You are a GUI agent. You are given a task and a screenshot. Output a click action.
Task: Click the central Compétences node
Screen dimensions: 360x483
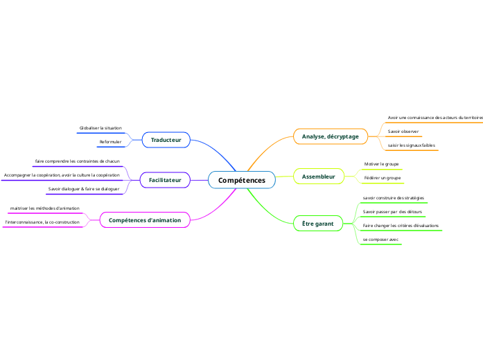click(x=242, y=180)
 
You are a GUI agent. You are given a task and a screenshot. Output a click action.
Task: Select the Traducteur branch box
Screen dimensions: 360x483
click(x=166, y=140)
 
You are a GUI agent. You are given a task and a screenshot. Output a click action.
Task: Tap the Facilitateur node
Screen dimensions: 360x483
click(x=165, y=180)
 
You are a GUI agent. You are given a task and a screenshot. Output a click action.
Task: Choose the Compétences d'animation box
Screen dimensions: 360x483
click(x=145, y=220)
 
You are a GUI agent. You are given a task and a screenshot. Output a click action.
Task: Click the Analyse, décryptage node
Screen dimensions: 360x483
click(x=330, y=136)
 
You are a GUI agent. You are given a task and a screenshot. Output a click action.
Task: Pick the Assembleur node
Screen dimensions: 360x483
click(x=318, y=177)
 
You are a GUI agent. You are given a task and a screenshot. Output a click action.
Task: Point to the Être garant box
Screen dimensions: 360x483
click(x=317, y=224)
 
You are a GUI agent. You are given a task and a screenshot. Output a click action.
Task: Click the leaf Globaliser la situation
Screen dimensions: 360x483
click(x=100, y=128)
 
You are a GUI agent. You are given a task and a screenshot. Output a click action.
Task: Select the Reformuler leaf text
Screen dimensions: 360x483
click(x=110, y=142)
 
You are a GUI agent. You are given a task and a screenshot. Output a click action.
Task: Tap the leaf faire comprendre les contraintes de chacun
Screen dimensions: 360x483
click(x=77, y=161)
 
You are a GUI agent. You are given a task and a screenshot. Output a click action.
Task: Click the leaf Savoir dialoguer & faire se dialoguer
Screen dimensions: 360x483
click(x=83, y=188)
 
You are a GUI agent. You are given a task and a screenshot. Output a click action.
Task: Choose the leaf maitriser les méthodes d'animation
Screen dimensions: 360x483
click(x=44, y=208)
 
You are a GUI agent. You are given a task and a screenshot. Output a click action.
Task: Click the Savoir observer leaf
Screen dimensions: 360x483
click(x=403, y=131)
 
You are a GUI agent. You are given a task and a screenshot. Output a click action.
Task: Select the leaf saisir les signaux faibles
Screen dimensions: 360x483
click(x=411, y=145)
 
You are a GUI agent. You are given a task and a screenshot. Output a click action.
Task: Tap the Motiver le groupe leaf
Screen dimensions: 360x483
click(x=381, y=164)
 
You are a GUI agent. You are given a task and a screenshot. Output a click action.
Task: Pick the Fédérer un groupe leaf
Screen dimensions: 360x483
click(x=382, y=178)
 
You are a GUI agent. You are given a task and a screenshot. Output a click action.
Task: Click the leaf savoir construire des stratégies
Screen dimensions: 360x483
click(x=393, y=197)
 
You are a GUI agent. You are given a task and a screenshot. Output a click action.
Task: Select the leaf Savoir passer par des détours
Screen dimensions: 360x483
click(x=392, y=211)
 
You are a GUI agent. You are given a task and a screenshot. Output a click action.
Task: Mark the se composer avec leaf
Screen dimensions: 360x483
click(x=380, y=239)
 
